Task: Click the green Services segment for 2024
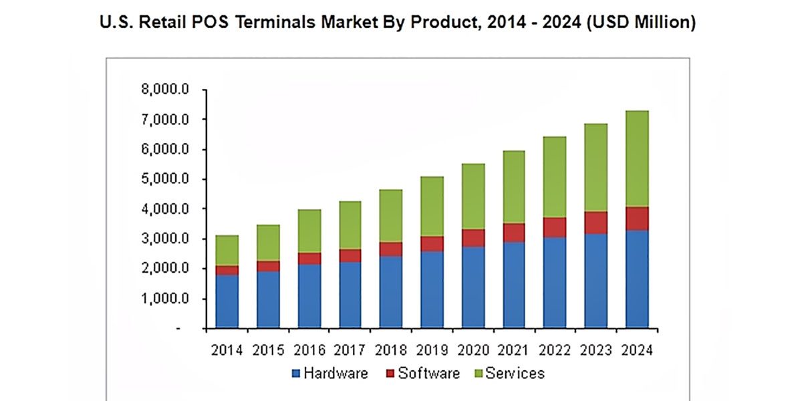point(636,158)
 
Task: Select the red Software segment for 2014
point(227,270)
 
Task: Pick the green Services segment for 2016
point(309,231)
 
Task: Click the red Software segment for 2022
point(554,227)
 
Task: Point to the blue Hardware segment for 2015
point(267,300)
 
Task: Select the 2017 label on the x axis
point(350,350)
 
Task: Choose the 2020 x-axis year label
point(473,350)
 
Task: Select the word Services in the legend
point(515,373)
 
